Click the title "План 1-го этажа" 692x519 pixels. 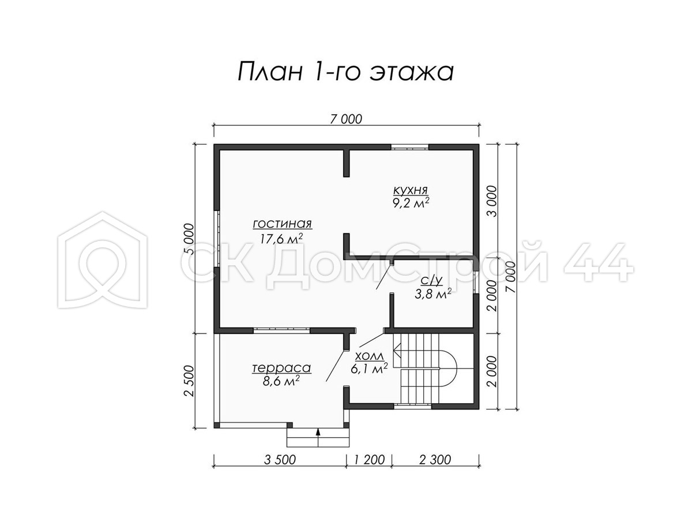click(x=345, y=72)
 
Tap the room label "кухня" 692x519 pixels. click(x=410, y=190)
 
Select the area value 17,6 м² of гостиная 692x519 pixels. click(x=282, y=239)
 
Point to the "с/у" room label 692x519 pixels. click(x=432, y=280)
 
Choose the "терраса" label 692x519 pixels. click(x=281, y=368)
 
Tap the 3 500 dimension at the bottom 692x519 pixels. click(x=280, y=460)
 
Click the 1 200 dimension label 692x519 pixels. click(x=369, y=460)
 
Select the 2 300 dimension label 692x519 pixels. click(x=435, y=460)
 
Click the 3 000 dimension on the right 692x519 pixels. click(x=492, y=201)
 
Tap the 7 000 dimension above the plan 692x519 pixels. click(x=346, y=119)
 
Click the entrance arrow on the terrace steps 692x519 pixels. click(x=318, y=437)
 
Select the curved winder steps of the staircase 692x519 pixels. click(x=448, y=368)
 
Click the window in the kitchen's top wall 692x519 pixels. click(x=410, y=147)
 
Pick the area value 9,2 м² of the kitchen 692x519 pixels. click(x=411, y=203)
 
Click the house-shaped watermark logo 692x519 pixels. click(x=103, y=259)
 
